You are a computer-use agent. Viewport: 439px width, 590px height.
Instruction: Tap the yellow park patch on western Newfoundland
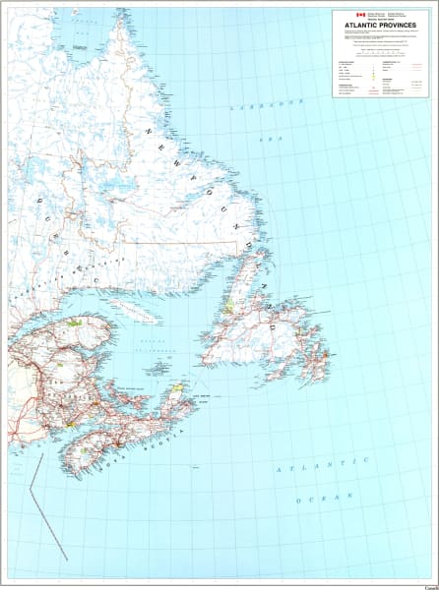click(x=228, y=306)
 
